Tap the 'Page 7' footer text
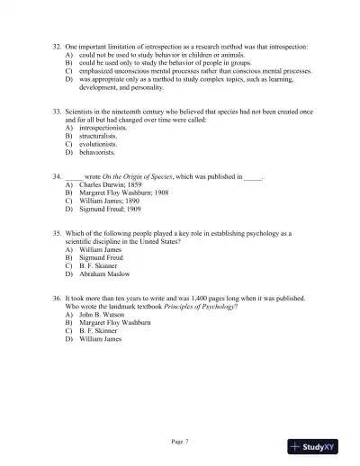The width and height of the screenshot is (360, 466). click(181, 440)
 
